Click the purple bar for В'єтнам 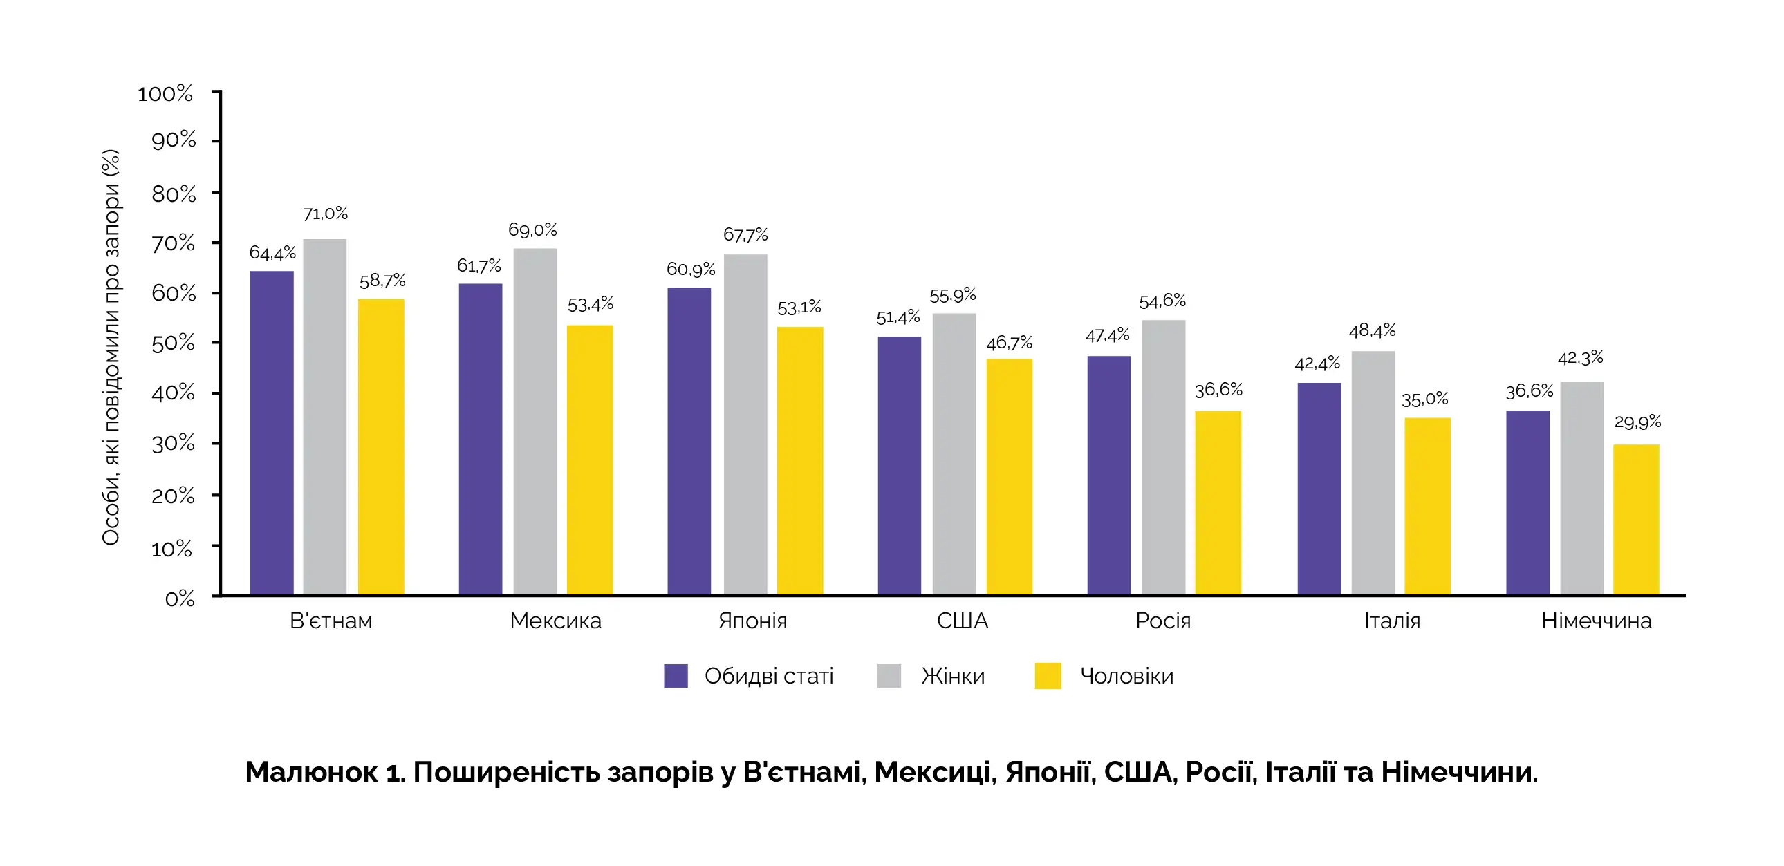coord(272,433)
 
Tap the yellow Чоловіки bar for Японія coord(800,460)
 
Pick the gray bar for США coord(954,453)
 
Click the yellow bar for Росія coord(1218,502)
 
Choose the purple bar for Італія coord(1319,488)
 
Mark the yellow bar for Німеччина coord(1636,519)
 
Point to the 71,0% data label coord(326,214)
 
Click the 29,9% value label coord(1637,422)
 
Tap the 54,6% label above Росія coord(1162,301)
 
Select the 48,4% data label coord(1372,331)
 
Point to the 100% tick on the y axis coord(165,94)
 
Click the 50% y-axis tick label coord(173,343)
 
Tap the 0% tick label coord(179,599)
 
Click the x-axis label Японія coord(753,621)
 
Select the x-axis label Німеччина coord(1596,621)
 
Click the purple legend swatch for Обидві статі coord(676,676)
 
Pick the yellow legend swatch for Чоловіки coord(1047,676)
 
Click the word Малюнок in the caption coord(311,772)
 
